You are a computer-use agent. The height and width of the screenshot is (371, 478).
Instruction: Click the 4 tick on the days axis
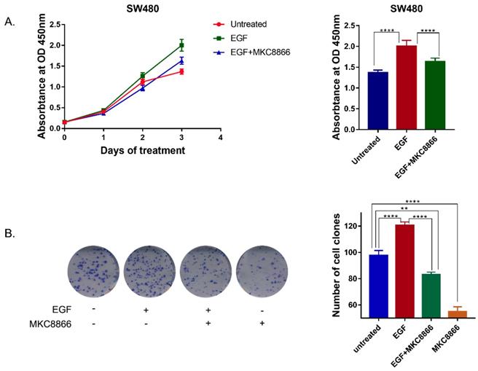(219, 136)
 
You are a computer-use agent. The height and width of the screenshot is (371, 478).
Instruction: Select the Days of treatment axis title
(142, 151)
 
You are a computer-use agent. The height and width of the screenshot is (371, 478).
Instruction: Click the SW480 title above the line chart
(142, 7)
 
